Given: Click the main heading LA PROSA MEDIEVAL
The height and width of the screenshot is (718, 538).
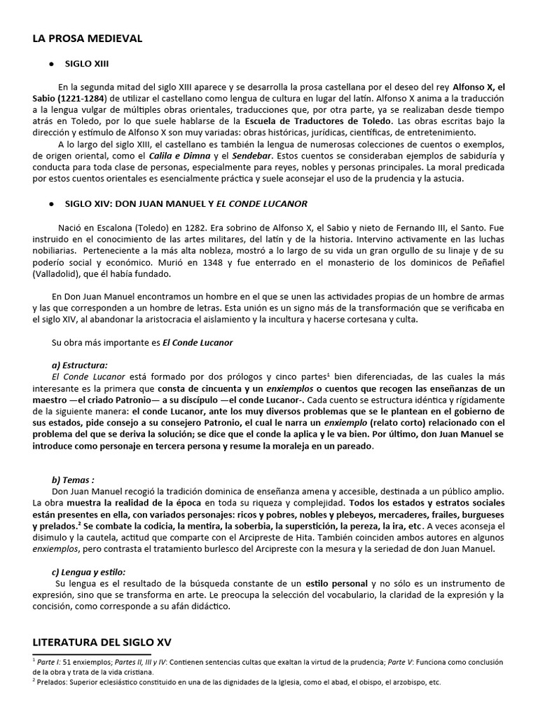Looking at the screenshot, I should point(87,38).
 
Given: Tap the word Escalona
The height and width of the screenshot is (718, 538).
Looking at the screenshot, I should point(105,228).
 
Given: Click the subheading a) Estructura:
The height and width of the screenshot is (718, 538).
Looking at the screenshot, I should point(80,365).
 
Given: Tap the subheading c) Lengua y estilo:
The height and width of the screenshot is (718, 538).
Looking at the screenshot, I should point(88,571).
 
